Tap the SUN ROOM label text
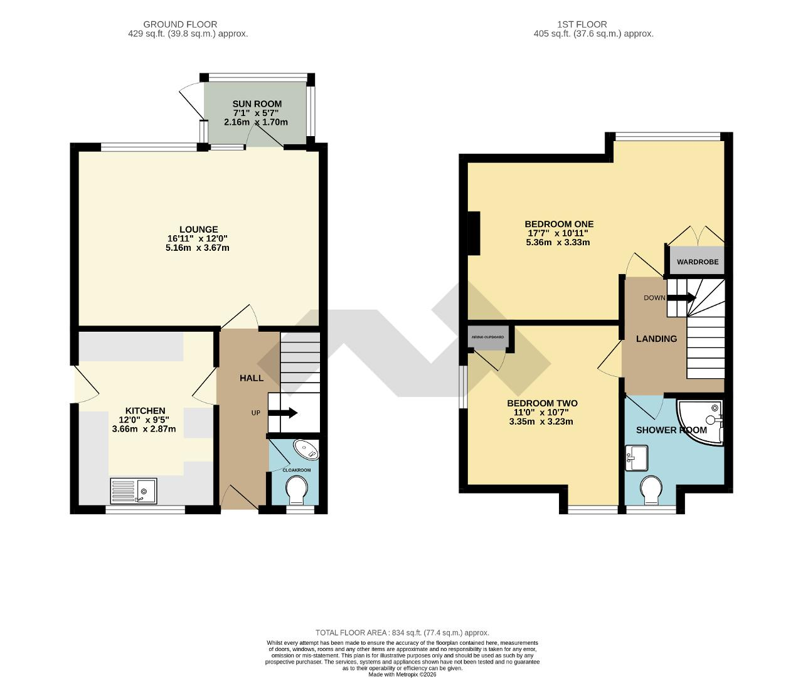click(x=257, y=104)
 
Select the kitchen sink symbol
click(x=134, y=490)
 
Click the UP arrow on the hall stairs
click(x=283, y=413)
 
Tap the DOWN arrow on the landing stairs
click(x=681, y=299)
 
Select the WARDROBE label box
click(x=697, y=262)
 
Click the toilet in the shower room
click(x=652, y=489)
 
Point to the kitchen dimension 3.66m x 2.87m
click(x=144, y=430)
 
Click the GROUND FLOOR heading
click(x=180, y=24)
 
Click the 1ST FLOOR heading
click(x=582, y=24)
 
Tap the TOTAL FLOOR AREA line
click(x=401, y=633)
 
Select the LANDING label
click(x=656, y=339)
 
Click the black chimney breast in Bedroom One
click(x=474, y=233)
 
